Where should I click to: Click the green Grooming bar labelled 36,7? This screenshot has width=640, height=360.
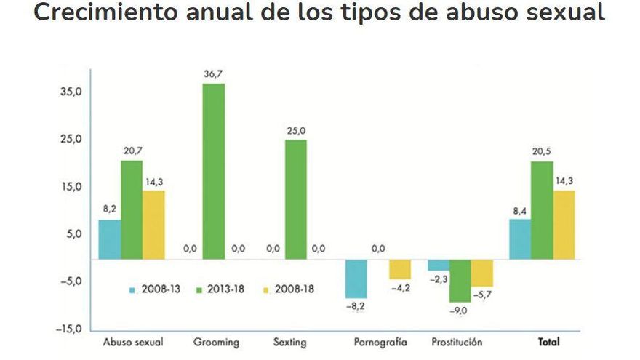(x=214, y=171)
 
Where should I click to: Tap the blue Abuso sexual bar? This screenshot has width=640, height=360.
(x=110, y=239)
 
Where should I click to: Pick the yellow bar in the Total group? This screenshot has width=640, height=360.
(x=564, y=225)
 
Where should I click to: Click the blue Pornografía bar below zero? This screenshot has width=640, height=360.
(x=356, y=279)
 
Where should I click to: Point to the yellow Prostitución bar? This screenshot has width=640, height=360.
(x=481, y=273)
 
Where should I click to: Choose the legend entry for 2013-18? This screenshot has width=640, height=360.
(x=221, y=289)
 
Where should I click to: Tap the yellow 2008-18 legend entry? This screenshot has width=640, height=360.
(x=290, y=289)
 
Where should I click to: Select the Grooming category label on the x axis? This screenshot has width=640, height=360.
(x=213, y=342)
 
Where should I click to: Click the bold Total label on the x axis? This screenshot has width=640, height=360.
(x=549, y=342)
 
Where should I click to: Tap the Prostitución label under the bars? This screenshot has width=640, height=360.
(x=457, y=342)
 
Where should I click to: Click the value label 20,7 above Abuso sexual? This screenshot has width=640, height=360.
(x=132, y=150)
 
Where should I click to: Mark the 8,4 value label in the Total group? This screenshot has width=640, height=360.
(x=520, y=211)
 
